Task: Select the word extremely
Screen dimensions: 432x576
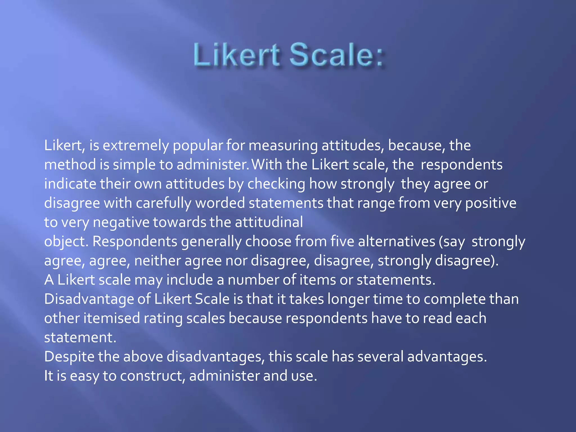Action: (x=136, y=146)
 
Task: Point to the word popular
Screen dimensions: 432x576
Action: (x=198, y=146)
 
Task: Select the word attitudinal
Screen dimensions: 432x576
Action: (x=269, y=222)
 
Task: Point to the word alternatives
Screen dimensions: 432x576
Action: (x=397, y=242)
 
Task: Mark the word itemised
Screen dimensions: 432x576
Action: (x=112, y=318)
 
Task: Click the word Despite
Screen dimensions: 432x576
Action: (x=69, y=357)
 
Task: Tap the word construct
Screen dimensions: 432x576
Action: (x=151, y=376)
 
